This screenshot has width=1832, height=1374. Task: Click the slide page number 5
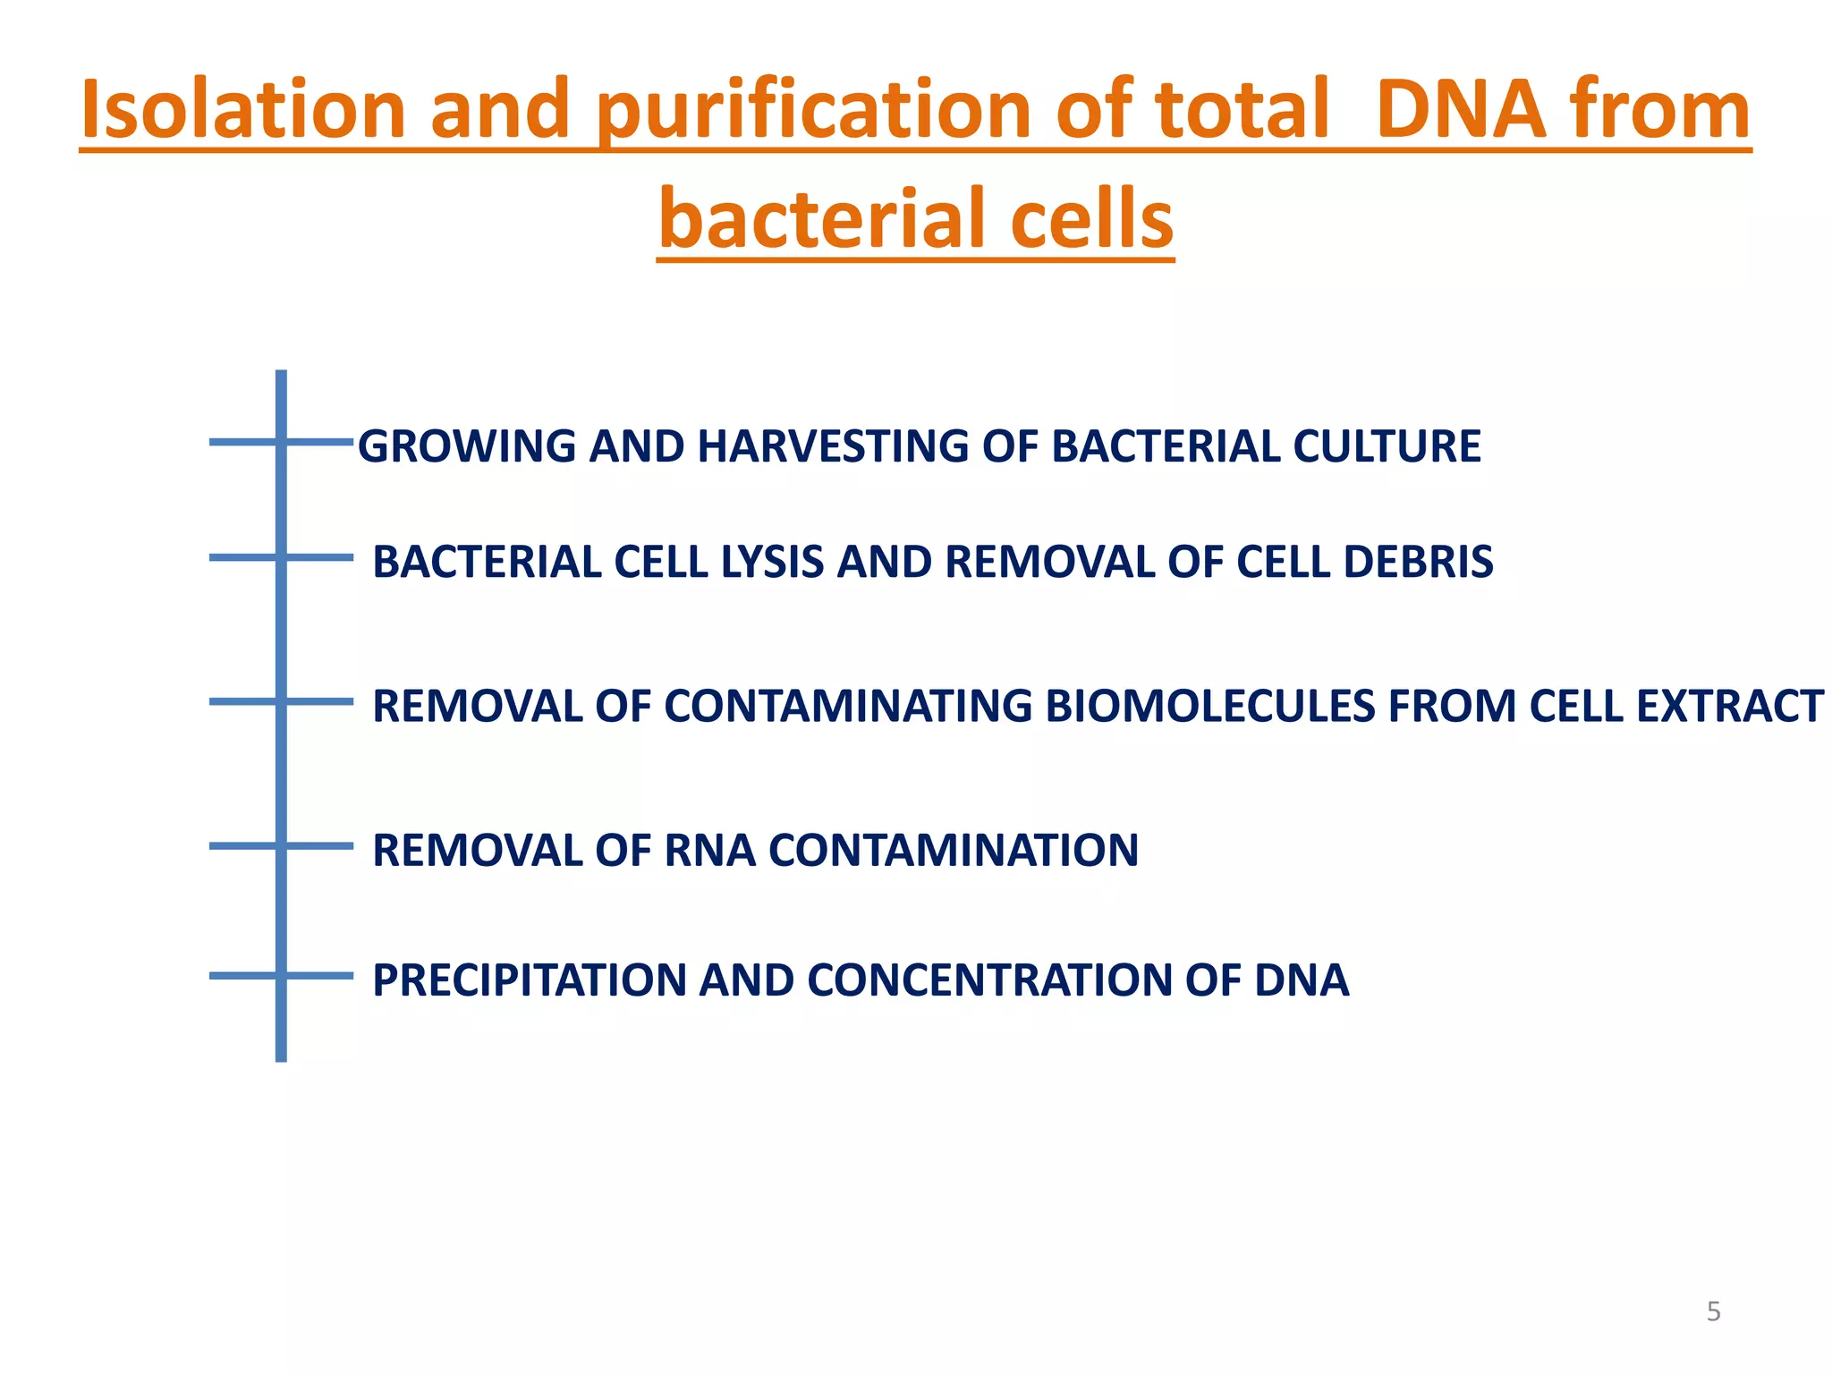[1713, 1311]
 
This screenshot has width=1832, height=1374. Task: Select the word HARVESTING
[832, 446]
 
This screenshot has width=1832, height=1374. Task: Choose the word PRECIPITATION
[529, 980]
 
